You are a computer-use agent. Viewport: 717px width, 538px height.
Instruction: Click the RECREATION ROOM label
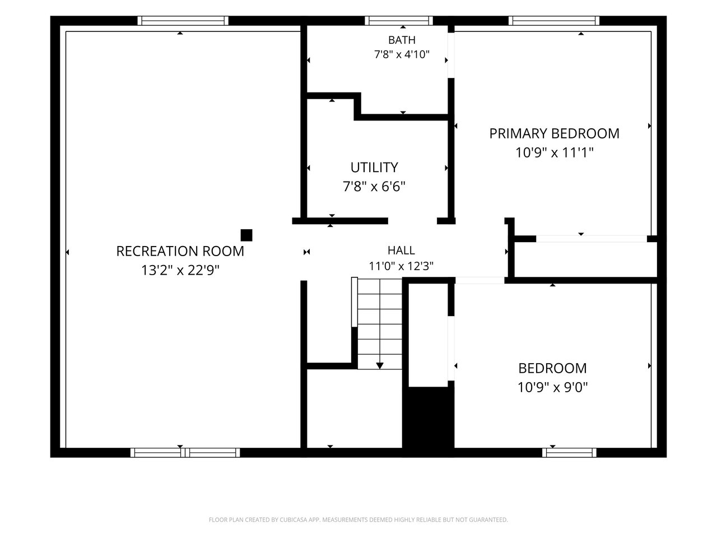coord(180,251)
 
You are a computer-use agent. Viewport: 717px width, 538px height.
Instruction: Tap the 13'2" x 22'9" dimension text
coord(180,270)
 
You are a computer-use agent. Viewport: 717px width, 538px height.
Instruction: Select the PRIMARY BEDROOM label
coord(554,133)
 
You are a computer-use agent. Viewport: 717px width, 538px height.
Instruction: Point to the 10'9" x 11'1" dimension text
coord(554,152)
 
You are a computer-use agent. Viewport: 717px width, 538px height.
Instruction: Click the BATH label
coord(402,40)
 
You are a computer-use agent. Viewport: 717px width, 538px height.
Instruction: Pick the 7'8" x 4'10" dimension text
coord(402,54)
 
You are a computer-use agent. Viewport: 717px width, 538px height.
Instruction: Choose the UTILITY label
coord(374,168)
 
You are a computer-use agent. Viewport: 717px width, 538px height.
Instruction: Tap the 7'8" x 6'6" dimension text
coord(374,187)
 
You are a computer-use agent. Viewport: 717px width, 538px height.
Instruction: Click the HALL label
coord(401,250)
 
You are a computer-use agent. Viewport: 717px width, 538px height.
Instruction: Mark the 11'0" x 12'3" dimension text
coord(401,266)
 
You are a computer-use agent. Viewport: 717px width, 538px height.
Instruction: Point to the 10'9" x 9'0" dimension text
coord(552,387)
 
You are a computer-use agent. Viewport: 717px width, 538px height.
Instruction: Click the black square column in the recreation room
coord(246,235)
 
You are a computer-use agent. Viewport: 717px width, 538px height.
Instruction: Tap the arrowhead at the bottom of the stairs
coord(380,365)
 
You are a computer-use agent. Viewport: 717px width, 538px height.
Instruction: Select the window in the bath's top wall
coord(399,21)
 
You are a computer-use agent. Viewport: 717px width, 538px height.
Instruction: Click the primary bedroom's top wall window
coord(554,21)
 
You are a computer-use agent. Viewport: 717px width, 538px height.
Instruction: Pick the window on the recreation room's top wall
coord(183,21)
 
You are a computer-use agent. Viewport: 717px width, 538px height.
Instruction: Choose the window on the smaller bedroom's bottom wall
coord(569,453)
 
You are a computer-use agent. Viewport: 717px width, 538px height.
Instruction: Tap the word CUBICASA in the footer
coord(294,520)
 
